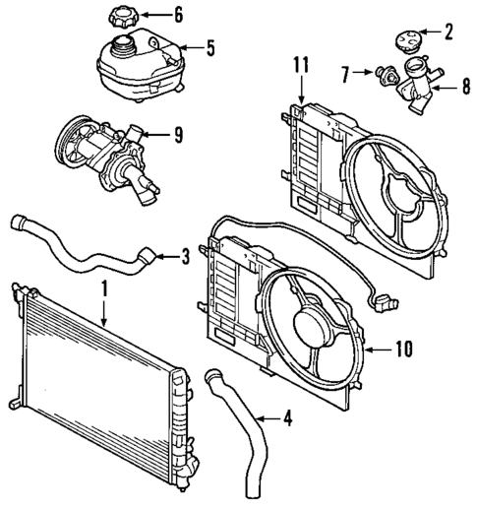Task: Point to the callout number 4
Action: coord(286,419)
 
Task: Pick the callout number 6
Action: coord(177,14)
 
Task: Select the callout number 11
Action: coord(302,66)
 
